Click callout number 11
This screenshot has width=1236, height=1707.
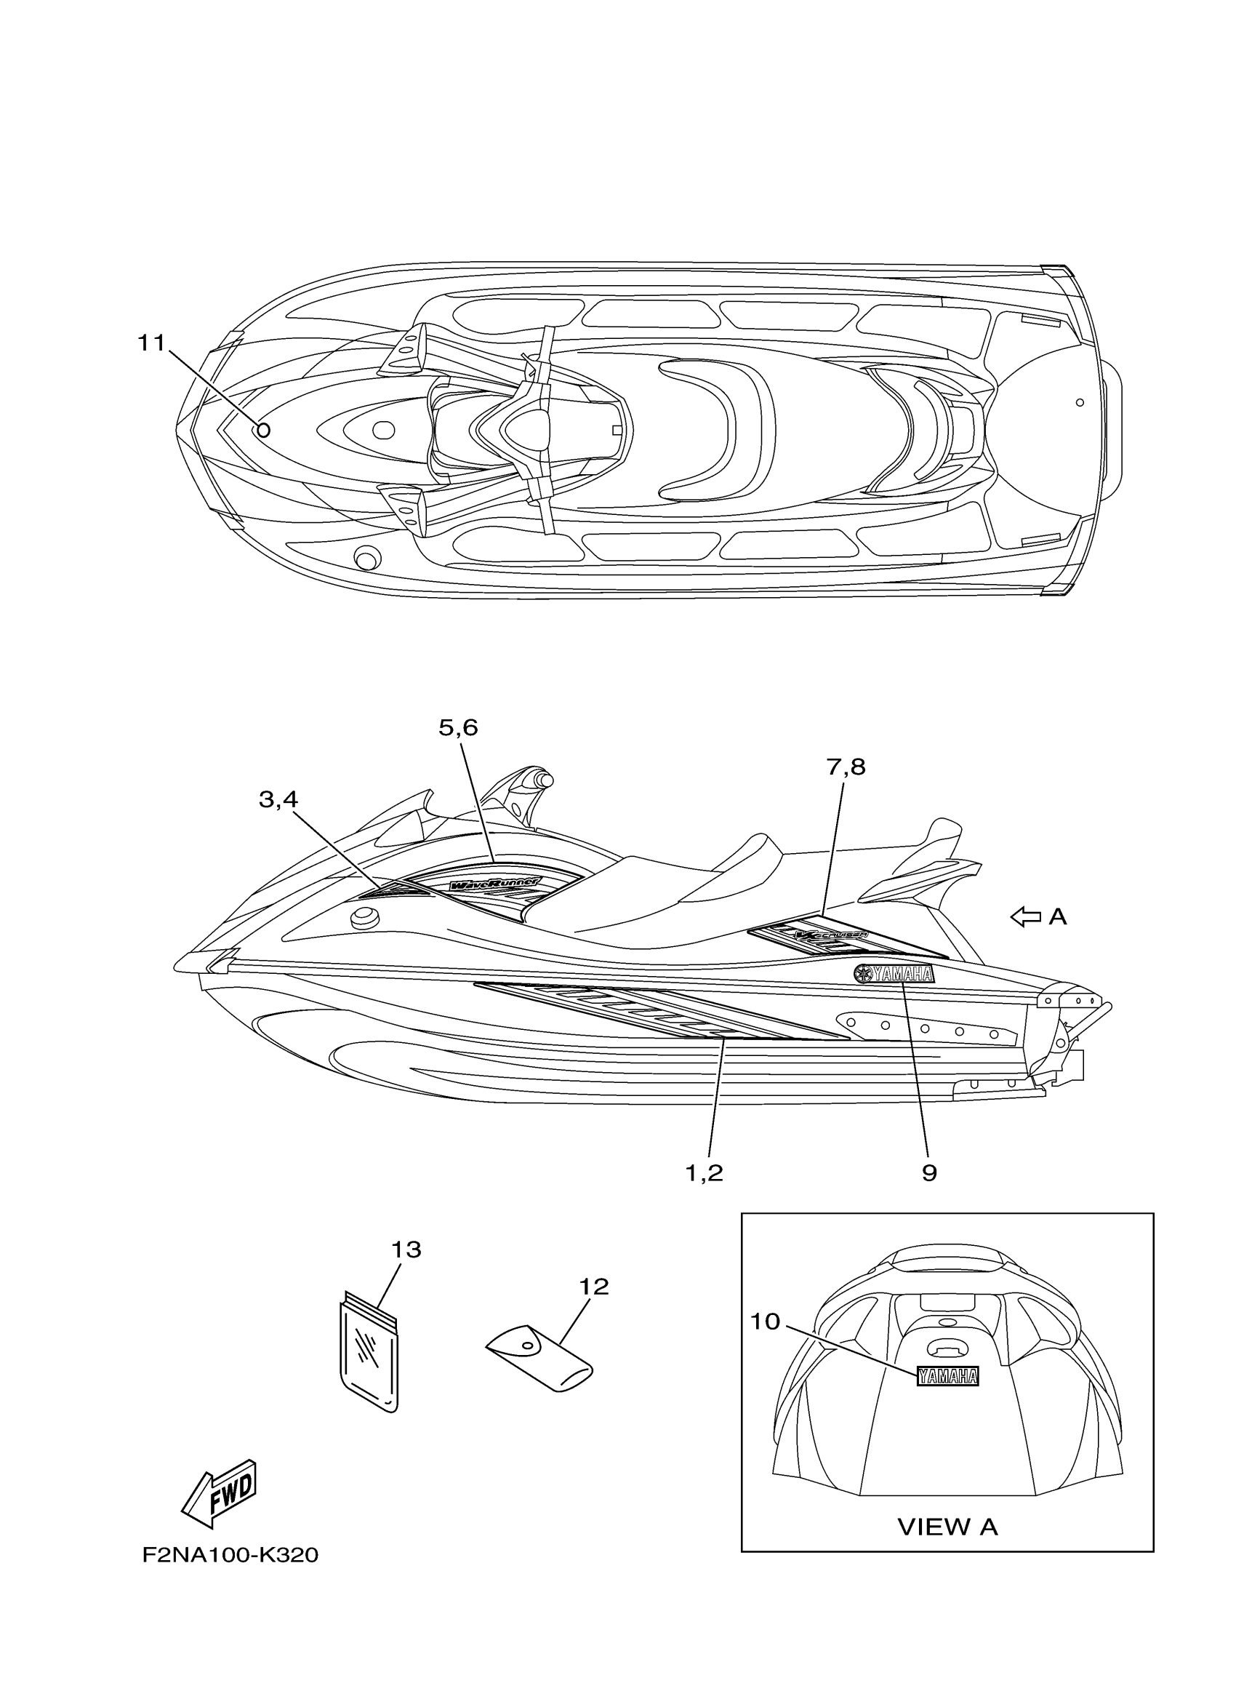click(x=151, y=343)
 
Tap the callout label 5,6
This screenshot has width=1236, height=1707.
click(x=458, y=728)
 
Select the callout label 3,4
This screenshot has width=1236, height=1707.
click(x=278, y=799)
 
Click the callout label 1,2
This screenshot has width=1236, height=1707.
click(x=704, y=1172)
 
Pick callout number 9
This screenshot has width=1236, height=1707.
click(x=929, y=1172)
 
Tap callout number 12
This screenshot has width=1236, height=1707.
click(x=593, y=1287)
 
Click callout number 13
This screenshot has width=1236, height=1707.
click(x=406, y=1250)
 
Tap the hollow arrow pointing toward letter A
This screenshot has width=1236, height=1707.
click(x=1024, y=916)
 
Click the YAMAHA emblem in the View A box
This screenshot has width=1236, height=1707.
click(x=947, y=1377)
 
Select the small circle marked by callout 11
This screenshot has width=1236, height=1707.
click(x=263, y=431)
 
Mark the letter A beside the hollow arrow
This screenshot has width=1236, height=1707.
click(x=1058, y=916)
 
